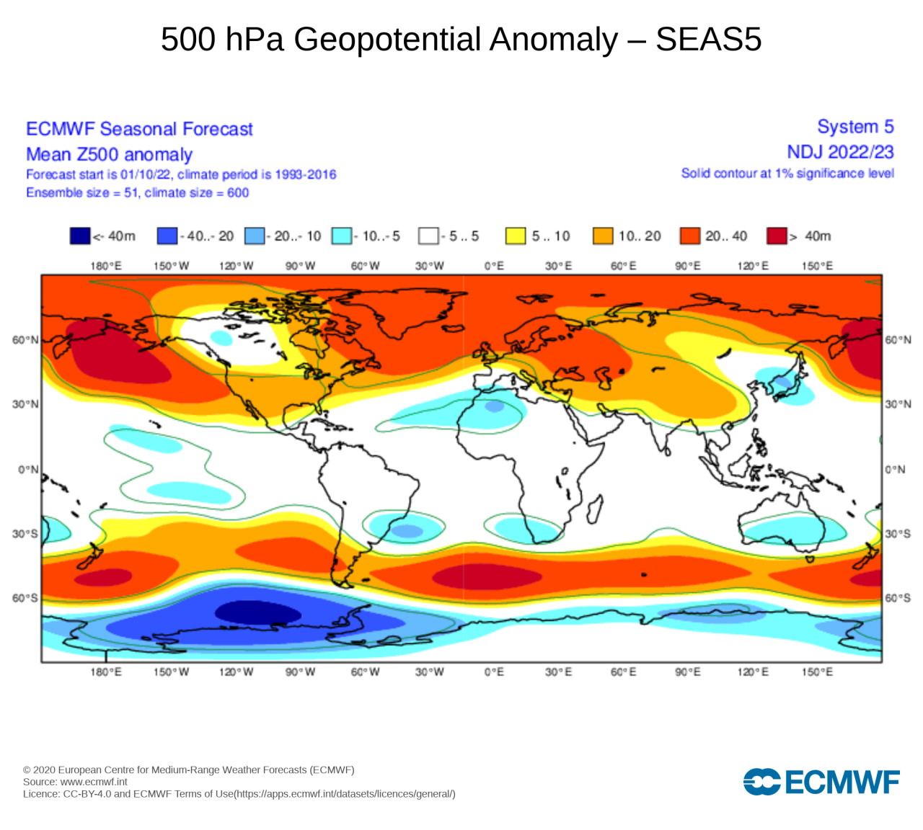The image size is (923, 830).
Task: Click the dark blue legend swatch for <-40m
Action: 80,236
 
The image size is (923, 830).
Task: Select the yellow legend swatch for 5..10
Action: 516,236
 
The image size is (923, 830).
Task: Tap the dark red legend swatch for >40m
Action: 777,236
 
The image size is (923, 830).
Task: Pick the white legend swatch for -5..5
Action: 428,236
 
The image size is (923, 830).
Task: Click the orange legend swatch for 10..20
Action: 603,236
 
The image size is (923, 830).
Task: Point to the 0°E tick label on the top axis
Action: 494,266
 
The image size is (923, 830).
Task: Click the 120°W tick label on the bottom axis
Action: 237,671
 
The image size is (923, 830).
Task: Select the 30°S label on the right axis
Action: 898,534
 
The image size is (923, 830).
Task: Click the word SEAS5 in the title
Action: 708,39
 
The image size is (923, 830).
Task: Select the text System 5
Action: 855,127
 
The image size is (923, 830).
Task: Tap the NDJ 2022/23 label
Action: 840,152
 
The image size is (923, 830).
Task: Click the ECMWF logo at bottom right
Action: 821,782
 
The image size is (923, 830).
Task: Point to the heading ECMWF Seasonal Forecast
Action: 139,129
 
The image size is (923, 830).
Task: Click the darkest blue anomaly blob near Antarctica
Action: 257,613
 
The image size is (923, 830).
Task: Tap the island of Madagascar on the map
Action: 595,509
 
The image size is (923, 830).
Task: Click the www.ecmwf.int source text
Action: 94,782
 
